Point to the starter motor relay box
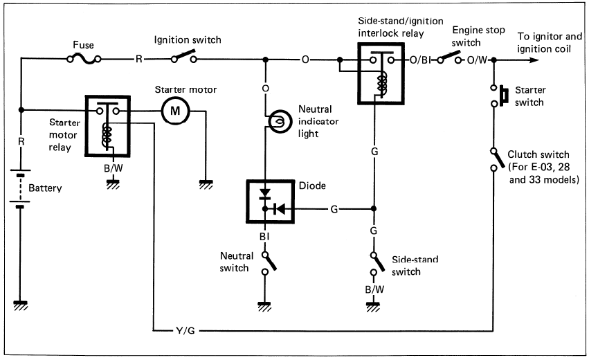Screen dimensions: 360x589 [106, 125]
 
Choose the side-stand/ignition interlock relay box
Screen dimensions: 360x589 [379, 73]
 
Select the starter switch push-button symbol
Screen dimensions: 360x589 [500, 96]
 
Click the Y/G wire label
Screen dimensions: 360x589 [186, 330]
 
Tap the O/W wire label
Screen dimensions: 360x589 [478, 60]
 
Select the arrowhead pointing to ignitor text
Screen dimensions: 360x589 [533, 60]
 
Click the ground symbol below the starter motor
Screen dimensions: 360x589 [205, 183]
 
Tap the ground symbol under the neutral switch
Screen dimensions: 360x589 [264, 303]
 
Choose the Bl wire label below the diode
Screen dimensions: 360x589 [264, 235]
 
